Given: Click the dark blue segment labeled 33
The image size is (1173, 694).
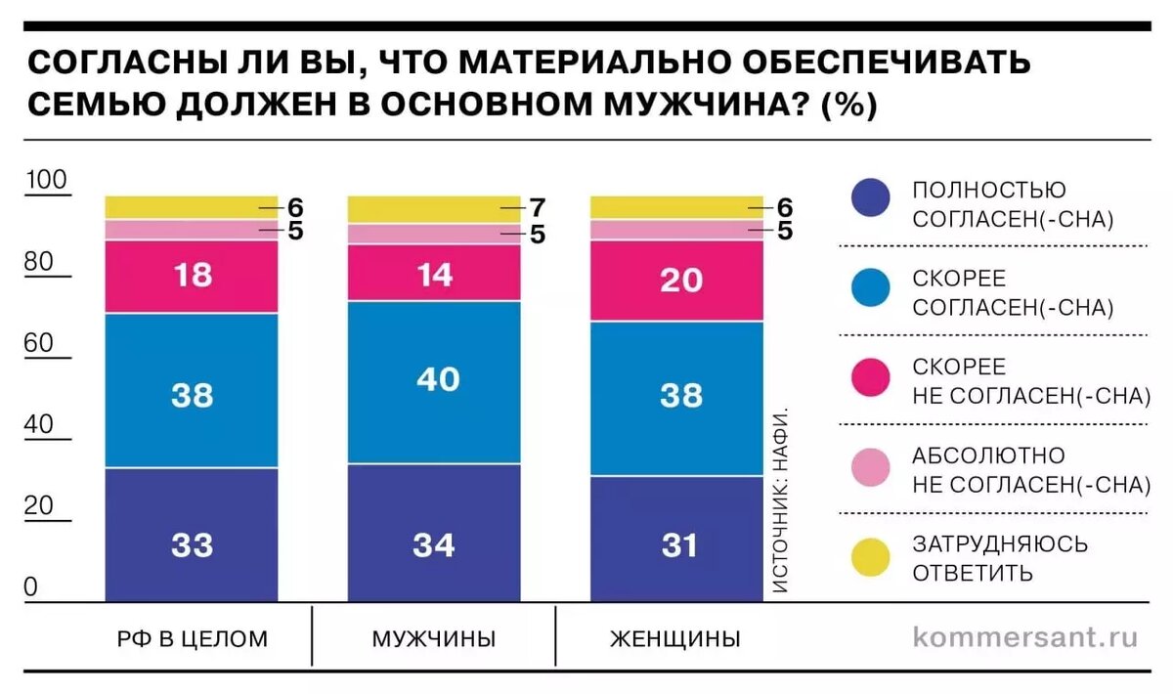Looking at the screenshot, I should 192,535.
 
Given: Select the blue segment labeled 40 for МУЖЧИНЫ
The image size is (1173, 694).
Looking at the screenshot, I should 434,381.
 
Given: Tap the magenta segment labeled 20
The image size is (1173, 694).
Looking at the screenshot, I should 676,280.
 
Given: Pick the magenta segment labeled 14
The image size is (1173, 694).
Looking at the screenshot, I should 434,274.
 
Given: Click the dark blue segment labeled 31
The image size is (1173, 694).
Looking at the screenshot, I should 676,539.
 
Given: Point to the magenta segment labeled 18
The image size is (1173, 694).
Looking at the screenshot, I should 192,276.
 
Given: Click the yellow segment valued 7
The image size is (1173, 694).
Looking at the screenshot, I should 434,208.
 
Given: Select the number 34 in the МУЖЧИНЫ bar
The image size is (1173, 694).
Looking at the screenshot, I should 434,544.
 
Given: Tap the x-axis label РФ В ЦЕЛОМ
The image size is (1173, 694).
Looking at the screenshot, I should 192,640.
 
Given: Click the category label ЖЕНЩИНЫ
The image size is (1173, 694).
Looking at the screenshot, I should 674,640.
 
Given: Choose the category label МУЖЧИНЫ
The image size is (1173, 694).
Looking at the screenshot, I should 433,640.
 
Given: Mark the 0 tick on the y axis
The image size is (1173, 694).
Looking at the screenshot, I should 31,586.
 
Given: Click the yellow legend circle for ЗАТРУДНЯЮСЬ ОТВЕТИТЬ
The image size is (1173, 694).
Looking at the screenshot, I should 870,557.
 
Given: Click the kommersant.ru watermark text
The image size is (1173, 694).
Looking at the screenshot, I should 1025,637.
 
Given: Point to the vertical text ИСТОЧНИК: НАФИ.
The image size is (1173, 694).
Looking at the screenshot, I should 780,499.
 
